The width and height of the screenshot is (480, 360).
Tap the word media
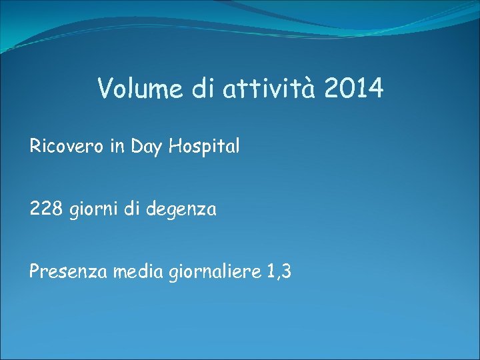point(131,272)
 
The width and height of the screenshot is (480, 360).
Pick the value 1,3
point(279,273)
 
